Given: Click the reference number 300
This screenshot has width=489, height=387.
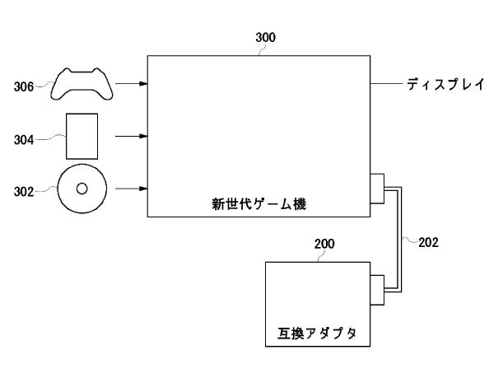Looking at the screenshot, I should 265,38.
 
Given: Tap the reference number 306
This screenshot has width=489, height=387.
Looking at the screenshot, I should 25,85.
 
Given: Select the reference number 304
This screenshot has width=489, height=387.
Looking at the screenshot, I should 25,140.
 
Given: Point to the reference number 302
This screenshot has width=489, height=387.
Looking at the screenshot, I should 25,191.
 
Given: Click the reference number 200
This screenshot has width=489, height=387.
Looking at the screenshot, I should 325,245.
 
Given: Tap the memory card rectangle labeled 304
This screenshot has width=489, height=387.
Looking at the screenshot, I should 81,136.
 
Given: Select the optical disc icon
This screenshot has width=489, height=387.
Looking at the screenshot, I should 81,188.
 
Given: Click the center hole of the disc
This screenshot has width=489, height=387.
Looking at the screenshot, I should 81,188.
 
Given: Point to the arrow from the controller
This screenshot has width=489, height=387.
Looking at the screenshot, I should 132,84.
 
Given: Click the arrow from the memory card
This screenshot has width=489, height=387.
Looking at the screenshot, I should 132,136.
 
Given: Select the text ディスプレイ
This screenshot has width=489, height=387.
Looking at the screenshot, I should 445,84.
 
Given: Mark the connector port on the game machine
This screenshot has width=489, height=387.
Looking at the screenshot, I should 377,188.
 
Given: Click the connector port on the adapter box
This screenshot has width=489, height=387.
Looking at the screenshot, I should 377,288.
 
